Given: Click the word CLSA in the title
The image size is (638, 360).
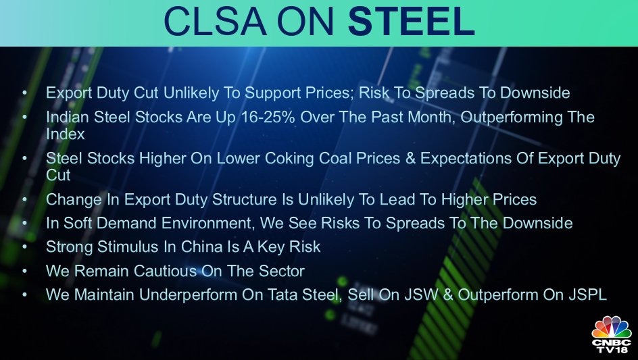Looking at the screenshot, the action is tap(216, 21).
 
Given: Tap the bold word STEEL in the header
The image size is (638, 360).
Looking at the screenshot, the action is tap(412, 21).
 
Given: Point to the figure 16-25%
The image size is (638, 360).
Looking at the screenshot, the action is tap(268, 117).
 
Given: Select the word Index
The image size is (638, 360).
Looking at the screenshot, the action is tap(65, 134).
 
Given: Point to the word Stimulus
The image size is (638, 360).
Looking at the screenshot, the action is tap(128, 247).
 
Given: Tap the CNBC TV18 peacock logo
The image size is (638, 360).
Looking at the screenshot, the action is tap(612, 334).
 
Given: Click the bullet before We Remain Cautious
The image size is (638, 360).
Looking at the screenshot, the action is tap(25, 271).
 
